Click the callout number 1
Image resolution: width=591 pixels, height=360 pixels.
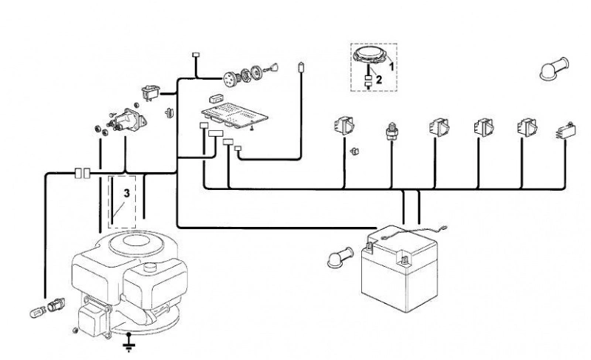392,67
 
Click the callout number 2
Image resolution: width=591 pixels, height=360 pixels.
379,80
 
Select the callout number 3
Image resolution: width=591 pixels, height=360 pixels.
126,193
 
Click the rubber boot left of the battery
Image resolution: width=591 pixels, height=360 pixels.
341,258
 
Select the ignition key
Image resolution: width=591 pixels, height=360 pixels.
272,68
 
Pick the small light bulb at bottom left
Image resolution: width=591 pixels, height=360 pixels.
38,312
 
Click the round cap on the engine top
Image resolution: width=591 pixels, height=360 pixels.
150,268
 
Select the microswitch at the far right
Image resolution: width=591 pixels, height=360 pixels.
565,131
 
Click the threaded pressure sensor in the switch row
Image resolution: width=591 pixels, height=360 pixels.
392,131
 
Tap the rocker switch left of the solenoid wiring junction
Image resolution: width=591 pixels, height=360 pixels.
151,92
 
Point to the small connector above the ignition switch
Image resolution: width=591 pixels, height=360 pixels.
196,55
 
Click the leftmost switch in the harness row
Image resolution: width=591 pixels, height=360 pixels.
344,126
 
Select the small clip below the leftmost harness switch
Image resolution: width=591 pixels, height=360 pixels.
355,152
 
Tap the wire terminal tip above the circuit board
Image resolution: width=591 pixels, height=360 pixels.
301,67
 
